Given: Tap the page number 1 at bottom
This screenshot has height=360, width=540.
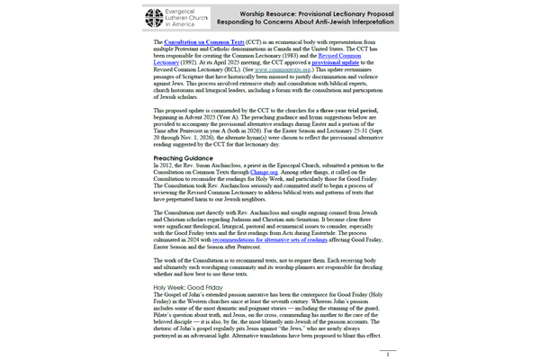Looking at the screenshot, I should click(x=386, y=355).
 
